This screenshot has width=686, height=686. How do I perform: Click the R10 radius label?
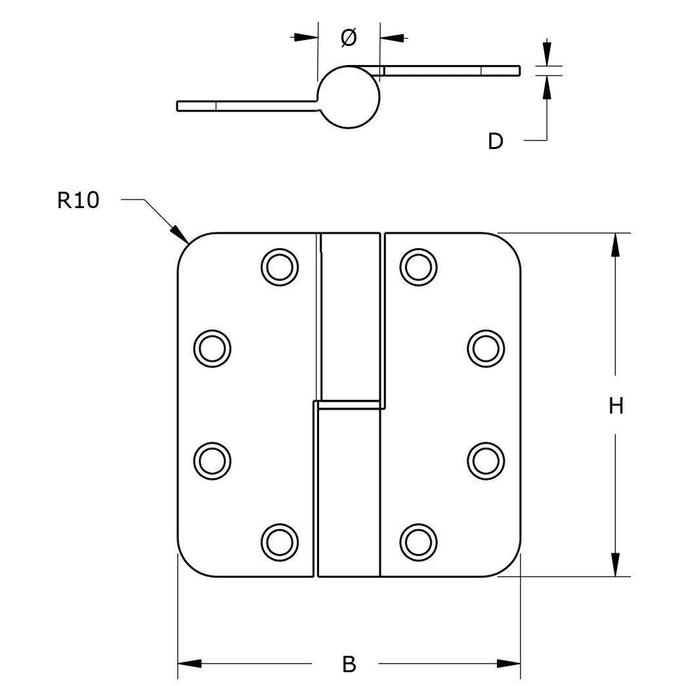click(x=78, y=200)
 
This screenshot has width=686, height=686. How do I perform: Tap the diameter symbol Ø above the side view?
click(x=349, y=37)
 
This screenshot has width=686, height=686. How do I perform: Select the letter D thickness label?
click(x=496, y=141)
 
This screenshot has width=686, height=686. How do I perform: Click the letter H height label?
click(x=616, y=406)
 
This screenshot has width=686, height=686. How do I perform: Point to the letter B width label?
click(x=349, y=664)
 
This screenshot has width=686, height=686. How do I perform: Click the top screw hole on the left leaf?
click(x=280, y=267)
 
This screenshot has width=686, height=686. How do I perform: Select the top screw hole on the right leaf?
click(x=418, y=267)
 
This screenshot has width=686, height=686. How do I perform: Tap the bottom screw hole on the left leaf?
click(x=280, y=542)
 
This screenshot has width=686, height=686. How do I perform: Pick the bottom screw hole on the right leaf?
click(x=418, y=542)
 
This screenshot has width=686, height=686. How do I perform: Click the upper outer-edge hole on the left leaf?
click(x=213, y=349)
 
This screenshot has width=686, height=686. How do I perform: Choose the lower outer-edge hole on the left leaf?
click(x=213, y=461)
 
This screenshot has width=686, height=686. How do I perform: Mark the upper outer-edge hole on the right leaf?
click(x=486, y=349)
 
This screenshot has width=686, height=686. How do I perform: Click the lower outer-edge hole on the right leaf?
click(x=486, y=461)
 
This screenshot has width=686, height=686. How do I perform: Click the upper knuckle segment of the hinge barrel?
click(x=350, y=316)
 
